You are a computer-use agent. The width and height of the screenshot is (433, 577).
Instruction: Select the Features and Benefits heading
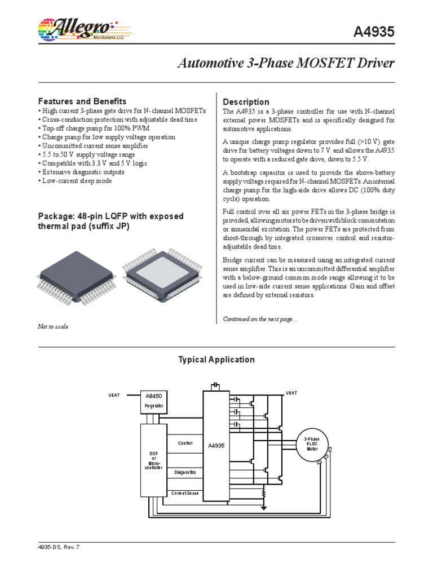82,101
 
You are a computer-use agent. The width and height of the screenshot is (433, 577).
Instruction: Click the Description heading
246,101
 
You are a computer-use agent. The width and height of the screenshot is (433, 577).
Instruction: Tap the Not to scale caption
53,327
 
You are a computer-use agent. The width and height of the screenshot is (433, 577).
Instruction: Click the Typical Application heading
216,359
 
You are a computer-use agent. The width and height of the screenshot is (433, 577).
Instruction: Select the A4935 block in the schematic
216,445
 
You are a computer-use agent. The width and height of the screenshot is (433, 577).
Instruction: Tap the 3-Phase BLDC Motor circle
311,443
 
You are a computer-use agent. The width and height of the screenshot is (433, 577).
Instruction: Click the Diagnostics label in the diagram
185,472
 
